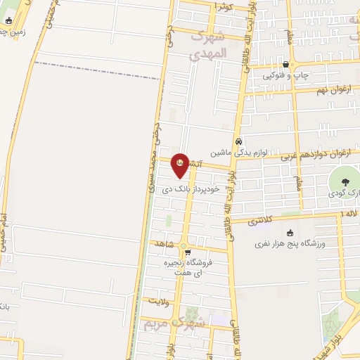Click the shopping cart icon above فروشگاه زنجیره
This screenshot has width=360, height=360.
(x=185, y=252)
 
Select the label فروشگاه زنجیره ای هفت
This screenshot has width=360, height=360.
(x=194, y=266)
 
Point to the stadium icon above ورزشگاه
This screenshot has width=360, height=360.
(x=289, y=233)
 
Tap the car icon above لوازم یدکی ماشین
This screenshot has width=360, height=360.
(x=239, y=140)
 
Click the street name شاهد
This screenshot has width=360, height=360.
(x=165, y=243)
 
